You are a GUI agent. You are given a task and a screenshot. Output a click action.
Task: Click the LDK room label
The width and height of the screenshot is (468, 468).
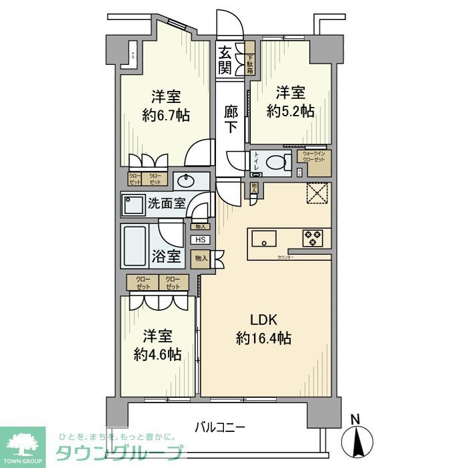pyautogui.click(x=263, y=318)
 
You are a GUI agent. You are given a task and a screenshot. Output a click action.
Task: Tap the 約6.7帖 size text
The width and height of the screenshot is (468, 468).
pyautogui.click(x=166, y=115)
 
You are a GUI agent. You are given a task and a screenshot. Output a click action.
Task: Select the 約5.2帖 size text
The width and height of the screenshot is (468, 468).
pyautogui.click(x=290, y=112)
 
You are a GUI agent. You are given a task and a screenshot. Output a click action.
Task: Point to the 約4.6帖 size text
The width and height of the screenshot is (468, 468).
pyautogui.click(x=157, y=354)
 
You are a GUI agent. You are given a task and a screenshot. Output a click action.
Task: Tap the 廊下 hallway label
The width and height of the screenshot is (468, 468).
pyautogui.click(x=230, y=119)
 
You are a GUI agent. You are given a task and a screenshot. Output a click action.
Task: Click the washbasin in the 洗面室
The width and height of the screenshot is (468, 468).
pyautogui.click(x=186, y=181)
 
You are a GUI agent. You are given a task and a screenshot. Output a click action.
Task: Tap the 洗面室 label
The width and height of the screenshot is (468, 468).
pyautogui.click(x=166, y=204)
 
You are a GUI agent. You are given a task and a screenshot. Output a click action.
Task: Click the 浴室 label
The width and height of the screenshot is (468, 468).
pyautogui.click(x=166, y=255)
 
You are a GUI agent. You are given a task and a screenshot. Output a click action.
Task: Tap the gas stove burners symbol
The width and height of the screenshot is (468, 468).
pyautogui.click(x=312, y=237)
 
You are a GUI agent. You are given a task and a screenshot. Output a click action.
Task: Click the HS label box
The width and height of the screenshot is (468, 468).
pyautogui.click(x=200, y=240)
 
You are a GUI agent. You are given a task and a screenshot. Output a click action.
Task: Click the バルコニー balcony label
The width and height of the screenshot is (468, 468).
pyautogui.click(x=221, y=426)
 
